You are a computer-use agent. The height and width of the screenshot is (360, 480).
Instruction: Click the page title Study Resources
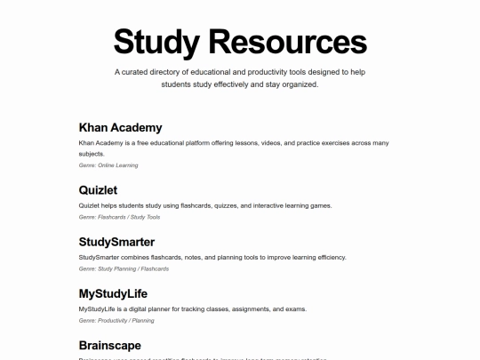(240, 42)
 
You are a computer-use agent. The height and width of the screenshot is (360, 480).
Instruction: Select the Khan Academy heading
(120, 127)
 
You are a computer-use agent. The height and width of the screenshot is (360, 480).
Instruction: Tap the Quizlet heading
(98, 190)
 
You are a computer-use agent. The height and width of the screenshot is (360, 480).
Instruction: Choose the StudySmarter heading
(116, 242)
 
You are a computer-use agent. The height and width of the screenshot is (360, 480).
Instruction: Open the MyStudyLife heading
(113, 293)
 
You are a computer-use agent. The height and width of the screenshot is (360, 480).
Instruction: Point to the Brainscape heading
(109, 345)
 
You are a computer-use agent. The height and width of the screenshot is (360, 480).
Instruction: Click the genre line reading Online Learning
(108, 165)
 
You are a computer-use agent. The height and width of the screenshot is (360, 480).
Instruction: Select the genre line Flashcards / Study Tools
(119, 217)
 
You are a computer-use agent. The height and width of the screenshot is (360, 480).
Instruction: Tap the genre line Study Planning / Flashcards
(124, 268)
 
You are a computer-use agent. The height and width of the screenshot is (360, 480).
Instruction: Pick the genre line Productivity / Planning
(116, 320)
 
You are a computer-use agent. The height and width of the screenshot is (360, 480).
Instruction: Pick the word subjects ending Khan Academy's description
(92, 153)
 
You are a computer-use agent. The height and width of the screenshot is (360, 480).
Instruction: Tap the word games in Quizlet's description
(319, 205)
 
